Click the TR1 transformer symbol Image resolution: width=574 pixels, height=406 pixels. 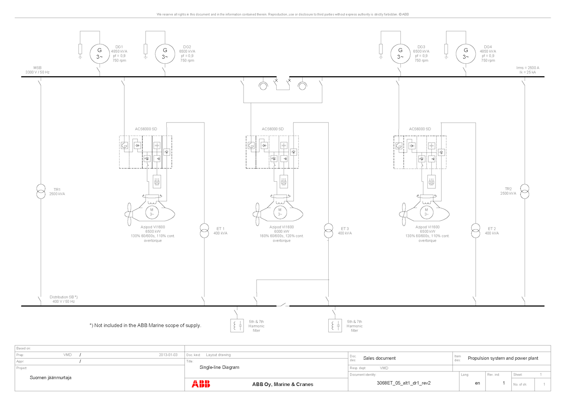[41, 192]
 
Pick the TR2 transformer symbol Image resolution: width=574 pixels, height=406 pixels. [525, 191]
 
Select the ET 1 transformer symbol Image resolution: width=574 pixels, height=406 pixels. [204, 231]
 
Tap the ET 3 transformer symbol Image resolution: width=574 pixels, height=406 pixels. [329, 231]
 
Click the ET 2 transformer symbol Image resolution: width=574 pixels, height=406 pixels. [476, 231]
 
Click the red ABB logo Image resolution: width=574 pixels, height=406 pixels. [201, 384]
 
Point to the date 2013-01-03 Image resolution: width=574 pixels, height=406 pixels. [168, 355]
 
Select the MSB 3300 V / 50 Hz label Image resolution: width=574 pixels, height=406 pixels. [37, 70]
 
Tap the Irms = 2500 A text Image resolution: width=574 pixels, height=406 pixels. [528, 68]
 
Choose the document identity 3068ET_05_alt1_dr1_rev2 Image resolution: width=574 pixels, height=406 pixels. [404, 383]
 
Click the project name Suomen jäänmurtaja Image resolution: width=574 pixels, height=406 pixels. [51, 378]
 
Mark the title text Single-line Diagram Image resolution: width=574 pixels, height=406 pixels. [219, 367]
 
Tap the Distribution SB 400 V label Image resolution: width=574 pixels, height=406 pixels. [64, 299]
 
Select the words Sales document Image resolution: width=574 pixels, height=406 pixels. [379, 358]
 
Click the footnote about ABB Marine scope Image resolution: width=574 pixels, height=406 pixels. [145, 325]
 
